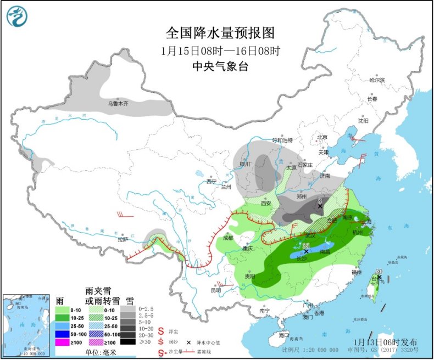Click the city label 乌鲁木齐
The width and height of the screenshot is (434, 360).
click(118, 103)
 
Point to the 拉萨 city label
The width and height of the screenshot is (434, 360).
click(122, 239)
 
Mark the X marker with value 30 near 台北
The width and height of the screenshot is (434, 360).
click(379, 277)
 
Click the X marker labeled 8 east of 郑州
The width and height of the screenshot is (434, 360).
click(320, 206)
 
